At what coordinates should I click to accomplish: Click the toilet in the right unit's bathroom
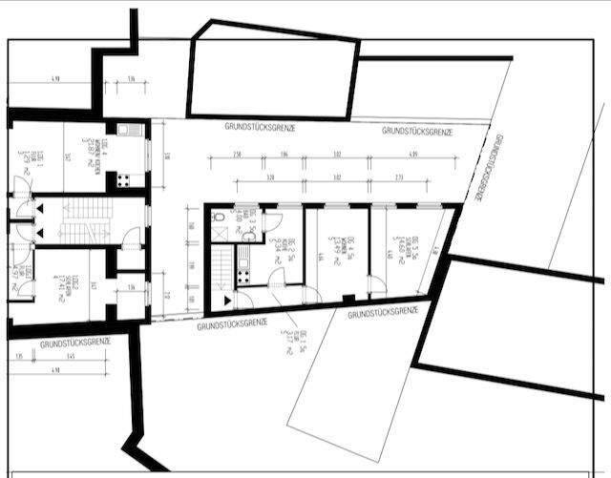(x=220, y=218)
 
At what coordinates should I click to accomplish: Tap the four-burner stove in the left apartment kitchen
(x=123, y=178)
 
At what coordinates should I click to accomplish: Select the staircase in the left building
(x=75, y=220)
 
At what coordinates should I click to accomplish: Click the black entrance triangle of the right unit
(x=226, y=301)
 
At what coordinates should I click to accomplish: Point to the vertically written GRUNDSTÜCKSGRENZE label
(x=486, y=169)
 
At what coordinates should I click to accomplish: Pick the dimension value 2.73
(x=400, y=177)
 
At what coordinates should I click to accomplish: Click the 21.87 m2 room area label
(x=87, y=153)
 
